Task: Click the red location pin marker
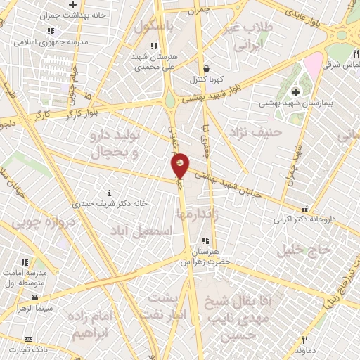pyautogui.click(x=180, y=165)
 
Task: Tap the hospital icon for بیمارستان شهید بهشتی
pyautogui.click(x=295, y=91)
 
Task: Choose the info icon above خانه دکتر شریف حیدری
pyautogui.click(x=108, y=193)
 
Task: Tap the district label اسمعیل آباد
pyautogui.click(x=141, y=229)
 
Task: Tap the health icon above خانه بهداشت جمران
pyautogui.click(x=72, y=4)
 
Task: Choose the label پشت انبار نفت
pyautogui.click(x=167, y=306)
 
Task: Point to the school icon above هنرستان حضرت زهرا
pyautogui.click(x=205, y=240)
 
